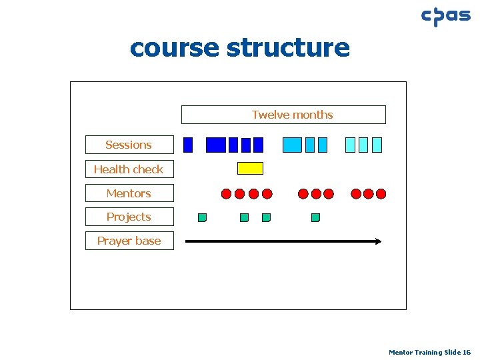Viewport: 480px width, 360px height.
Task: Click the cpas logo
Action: coord(445,16)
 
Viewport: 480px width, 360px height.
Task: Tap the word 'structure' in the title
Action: coord(288,48)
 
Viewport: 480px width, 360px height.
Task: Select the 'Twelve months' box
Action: coord(283,115)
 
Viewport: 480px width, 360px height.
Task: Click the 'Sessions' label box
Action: coord(129,145)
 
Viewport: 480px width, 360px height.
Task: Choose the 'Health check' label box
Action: coord(129,169)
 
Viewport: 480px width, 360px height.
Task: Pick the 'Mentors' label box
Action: coord(129,193)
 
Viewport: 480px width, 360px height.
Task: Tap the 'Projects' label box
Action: coord(129,217)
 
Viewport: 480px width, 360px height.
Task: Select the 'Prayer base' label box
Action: coord(129,241)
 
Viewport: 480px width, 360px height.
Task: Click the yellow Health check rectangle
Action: coord(251,168)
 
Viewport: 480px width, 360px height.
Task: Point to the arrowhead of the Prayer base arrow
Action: coord(378,241)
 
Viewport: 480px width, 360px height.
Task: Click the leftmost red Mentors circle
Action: coord(227,194)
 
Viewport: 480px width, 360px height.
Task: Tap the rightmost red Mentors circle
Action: coord(381,194)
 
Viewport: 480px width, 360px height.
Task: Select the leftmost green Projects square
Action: coord(202,217)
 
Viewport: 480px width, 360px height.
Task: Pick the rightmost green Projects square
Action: coord(315,217)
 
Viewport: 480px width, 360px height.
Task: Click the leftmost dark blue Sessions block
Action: coord(188,145)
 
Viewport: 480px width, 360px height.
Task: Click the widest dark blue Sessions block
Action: coord(216,145)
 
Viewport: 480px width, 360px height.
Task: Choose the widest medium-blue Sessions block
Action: coord(293,145)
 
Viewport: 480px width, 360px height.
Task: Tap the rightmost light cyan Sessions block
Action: coord(377,145)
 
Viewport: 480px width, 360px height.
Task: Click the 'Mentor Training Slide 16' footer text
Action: coord(429,352)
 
